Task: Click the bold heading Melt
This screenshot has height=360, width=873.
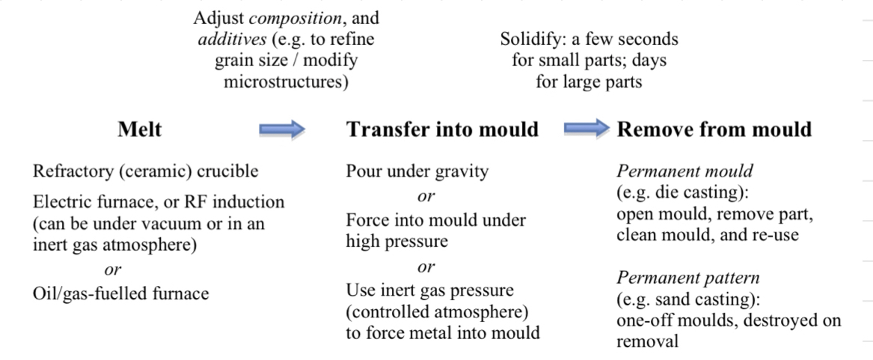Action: (x=139, y=129)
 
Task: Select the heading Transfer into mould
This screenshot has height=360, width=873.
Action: (x=442, y=129)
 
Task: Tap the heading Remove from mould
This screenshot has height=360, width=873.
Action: (x=714, y=129)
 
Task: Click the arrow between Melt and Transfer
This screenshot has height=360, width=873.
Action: (x=282, y=130)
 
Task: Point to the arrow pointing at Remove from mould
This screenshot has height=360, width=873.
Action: (x=586, y=129)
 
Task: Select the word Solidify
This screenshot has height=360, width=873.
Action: (x=528, y=39)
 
